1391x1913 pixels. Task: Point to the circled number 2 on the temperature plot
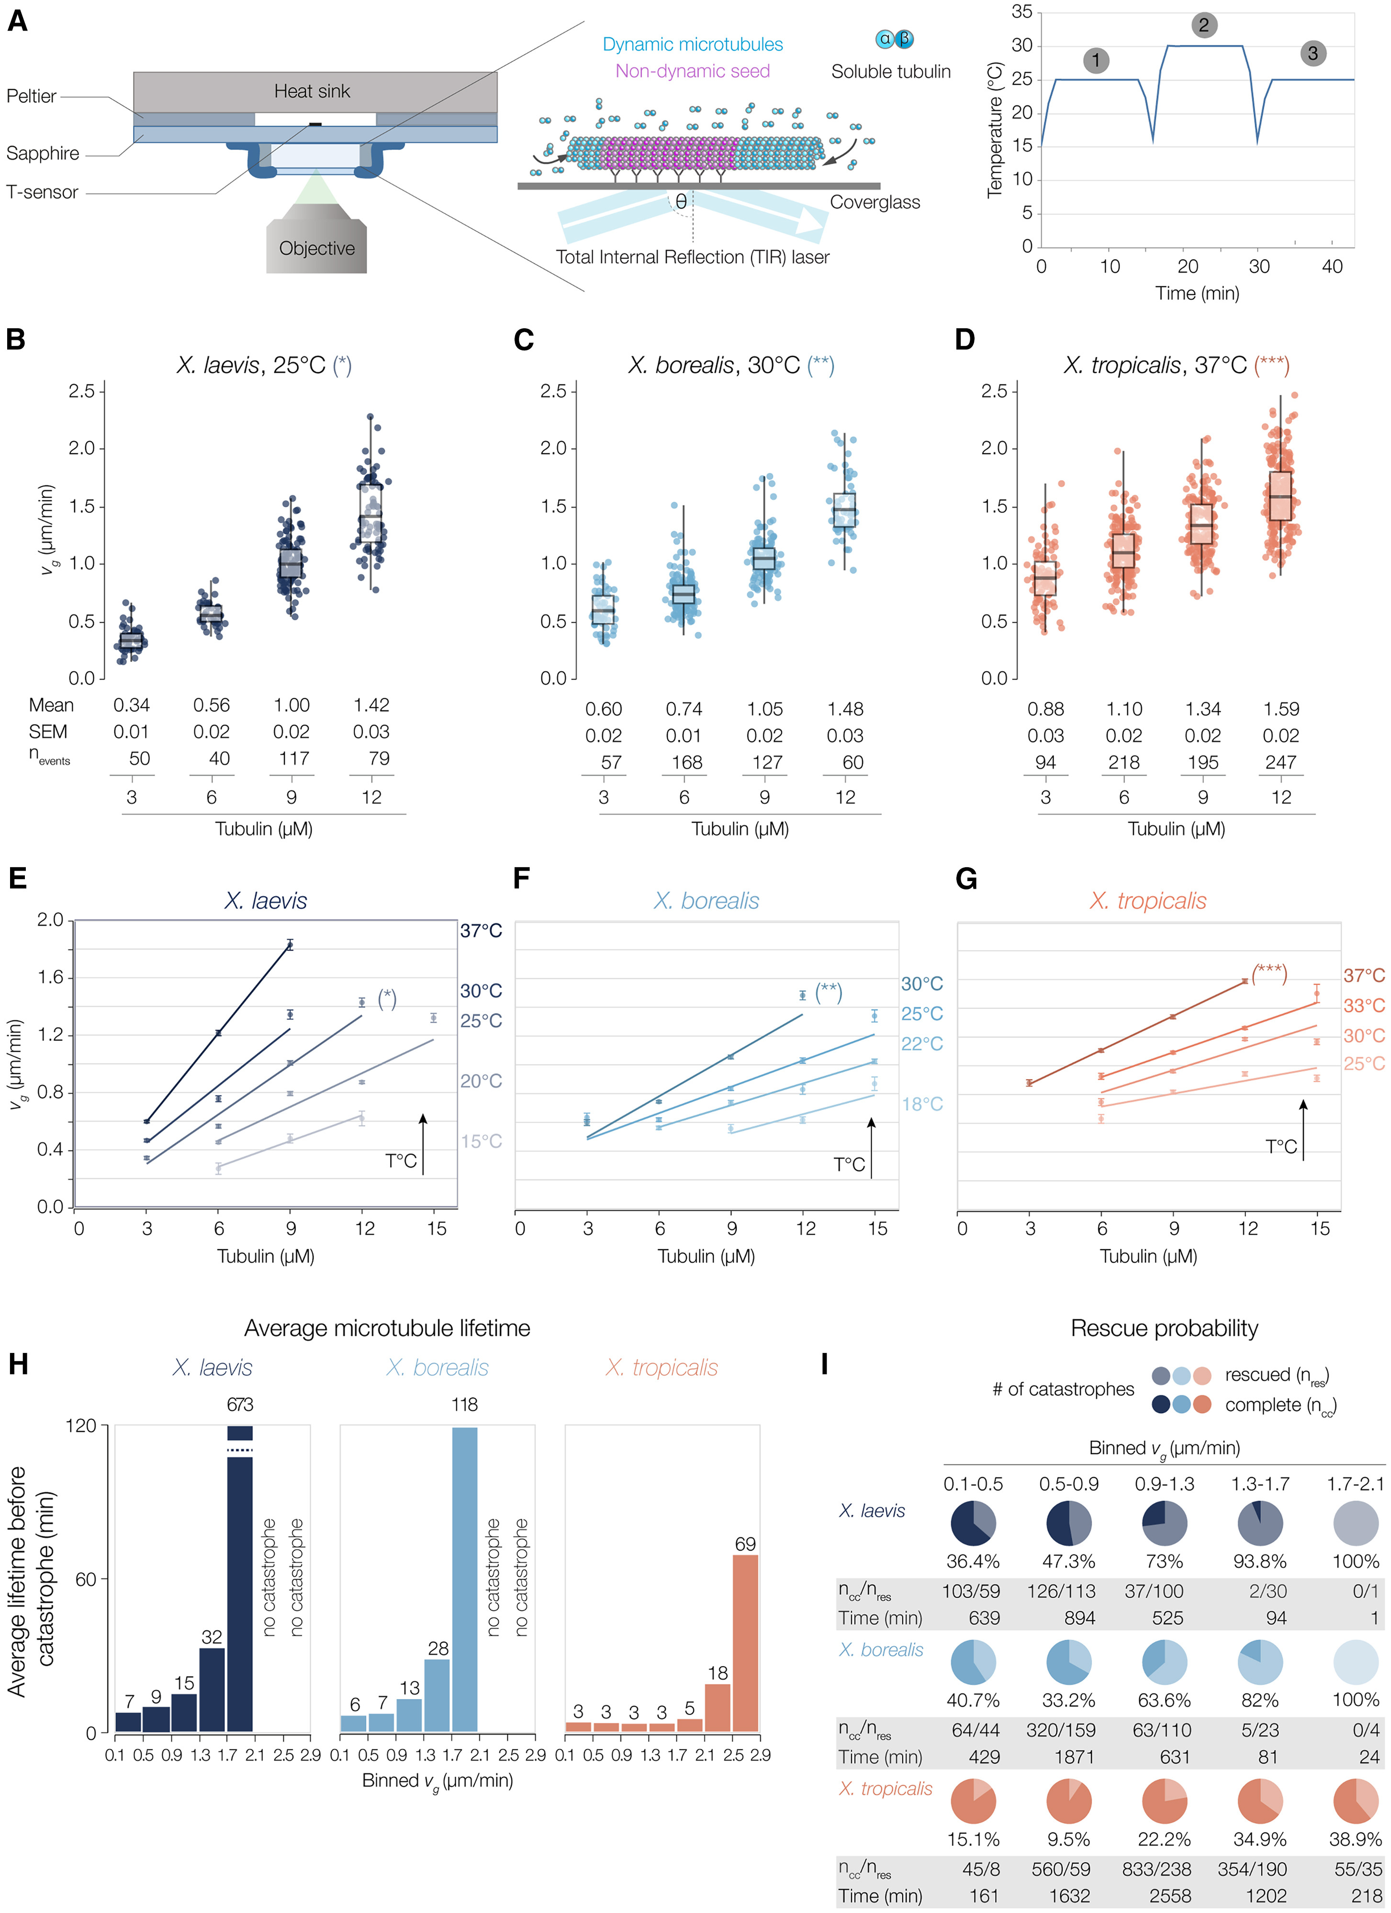pos(1204,25)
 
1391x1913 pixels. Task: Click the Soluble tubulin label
pos(891,72)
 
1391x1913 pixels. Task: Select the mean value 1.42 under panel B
pos(371,705)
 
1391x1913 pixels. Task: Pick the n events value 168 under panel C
pos(686,762)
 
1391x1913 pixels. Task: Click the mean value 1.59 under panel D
pos(1280,709)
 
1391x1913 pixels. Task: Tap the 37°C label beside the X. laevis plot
pos(481,931)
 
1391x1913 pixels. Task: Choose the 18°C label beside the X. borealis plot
pos(922,1104)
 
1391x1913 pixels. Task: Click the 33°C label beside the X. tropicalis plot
pos(1364,1006)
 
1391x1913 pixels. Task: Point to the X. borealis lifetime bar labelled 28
pos(437,1695)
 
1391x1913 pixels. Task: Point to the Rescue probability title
pos(1164,1329)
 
